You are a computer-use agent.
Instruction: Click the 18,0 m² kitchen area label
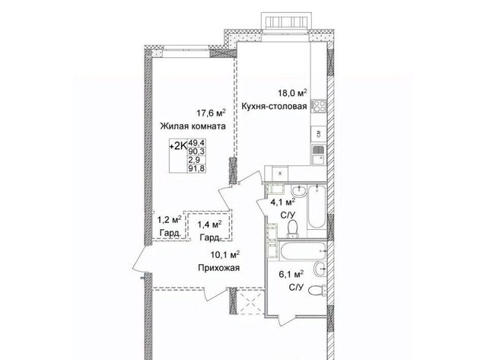(x=292, y=93)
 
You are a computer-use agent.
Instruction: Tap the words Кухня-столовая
(x=274, y=107)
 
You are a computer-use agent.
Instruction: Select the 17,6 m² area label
(x=211, y=113)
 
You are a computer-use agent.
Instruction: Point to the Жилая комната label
(x=193, y=126)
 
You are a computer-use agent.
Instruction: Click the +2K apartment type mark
(x=178, y=146)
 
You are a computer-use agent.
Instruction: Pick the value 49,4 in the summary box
(x=196, y=143)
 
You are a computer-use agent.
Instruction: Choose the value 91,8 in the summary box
(x=196, y=168)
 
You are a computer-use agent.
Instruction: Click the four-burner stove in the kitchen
(x=319, y=106)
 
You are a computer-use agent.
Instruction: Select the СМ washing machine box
(x=319, y=134)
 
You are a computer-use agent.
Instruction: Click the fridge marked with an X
(x=280, y=174)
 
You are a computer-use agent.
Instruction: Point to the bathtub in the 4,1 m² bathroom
(x=317, y=206)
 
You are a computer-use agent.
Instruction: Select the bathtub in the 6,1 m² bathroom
(x=302, y=250)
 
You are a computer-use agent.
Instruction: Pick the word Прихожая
(x=219, y=268)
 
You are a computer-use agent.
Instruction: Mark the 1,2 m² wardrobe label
(x=170, y=220)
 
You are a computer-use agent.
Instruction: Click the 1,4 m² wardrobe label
(x=210, y=224)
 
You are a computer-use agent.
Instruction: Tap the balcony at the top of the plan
(x=286, y=21)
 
